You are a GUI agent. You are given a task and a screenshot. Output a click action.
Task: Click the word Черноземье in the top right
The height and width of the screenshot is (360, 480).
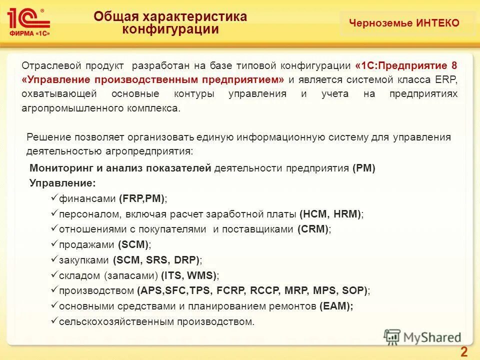click(381, 23)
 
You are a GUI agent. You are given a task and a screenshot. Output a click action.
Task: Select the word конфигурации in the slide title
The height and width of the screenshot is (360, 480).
click(171, 29)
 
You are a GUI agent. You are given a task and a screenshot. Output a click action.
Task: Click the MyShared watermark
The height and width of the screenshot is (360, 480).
click(422, 337)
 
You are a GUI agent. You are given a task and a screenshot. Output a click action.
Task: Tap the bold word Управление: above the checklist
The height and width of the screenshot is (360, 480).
click(62, 183)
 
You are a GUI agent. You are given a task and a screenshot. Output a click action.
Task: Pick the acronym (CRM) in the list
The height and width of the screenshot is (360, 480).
click(313, 229)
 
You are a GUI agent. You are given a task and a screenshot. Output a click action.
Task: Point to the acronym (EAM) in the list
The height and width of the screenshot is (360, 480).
click(335, 306)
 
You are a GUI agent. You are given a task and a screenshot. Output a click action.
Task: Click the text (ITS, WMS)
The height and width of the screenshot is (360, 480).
click(189, 275)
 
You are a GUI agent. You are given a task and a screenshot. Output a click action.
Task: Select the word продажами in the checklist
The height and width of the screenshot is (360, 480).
click(87, 244)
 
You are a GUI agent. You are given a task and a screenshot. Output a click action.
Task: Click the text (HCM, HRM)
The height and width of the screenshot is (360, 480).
click(330, 213)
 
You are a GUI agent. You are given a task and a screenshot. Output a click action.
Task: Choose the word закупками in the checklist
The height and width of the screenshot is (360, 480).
click(84, 260)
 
